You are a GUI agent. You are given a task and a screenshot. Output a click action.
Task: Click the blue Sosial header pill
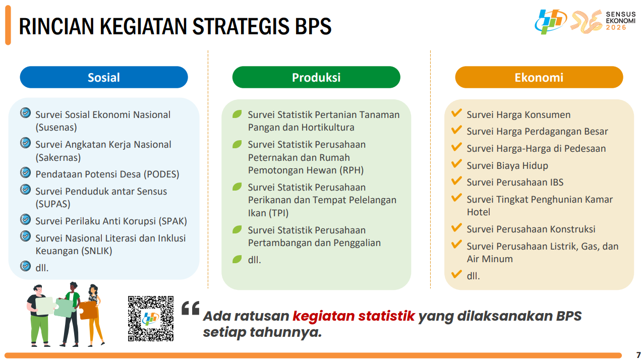(103, 77)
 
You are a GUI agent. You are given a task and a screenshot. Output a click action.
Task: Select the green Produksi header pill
(316, 77)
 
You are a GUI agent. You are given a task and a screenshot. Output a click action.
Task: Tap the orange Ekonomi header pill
(539, 77)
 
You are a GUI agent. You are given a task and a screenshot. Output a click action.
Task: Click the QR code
(151, 319)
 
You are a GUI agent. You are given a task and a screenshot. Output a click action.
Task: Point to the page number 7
(638, 355)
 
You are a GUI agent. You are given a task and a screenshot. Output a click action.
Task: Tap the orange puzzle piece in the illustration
(88, 310)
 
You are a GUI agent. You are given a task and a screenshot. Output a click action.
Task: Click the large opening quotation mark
(191, 308)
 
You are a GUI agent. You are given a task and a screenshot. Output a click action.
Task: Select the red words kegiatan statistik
(354, 316)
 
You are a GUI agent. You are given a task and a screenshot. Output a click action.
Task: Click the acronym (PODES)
(161, 174)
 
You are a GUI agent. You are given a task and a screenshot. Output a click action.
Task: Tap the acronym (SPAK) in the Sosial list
(173, 221)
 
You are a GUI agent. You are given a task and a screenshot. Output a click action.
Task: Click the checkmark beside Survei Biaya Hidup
(456, 164)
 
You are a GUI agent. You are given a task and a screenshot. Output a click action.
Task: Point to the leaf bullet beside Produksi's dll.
(237, 260)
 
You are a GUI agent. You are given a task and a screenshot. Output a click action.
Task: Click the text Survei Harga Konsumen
(518, 115)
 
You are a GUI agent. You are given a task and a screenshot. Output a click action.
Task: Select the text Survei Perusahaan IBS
(515, 183)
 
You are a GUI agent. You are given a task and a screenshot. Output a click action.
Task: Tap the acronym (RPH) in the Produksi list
(352, 170)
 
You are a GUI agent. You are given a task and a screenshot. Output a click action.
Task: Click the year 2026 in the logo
(616, 28)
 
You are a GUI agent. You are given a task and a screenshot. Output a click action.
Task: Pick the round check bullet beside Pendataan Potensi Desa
(26, 172)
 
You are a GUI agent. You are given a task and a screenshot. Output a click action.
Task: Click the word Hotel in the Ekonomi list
(479, 212)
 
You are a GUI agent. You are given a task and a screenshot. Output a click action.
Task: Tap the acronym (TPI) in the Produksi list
(278, 213)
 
